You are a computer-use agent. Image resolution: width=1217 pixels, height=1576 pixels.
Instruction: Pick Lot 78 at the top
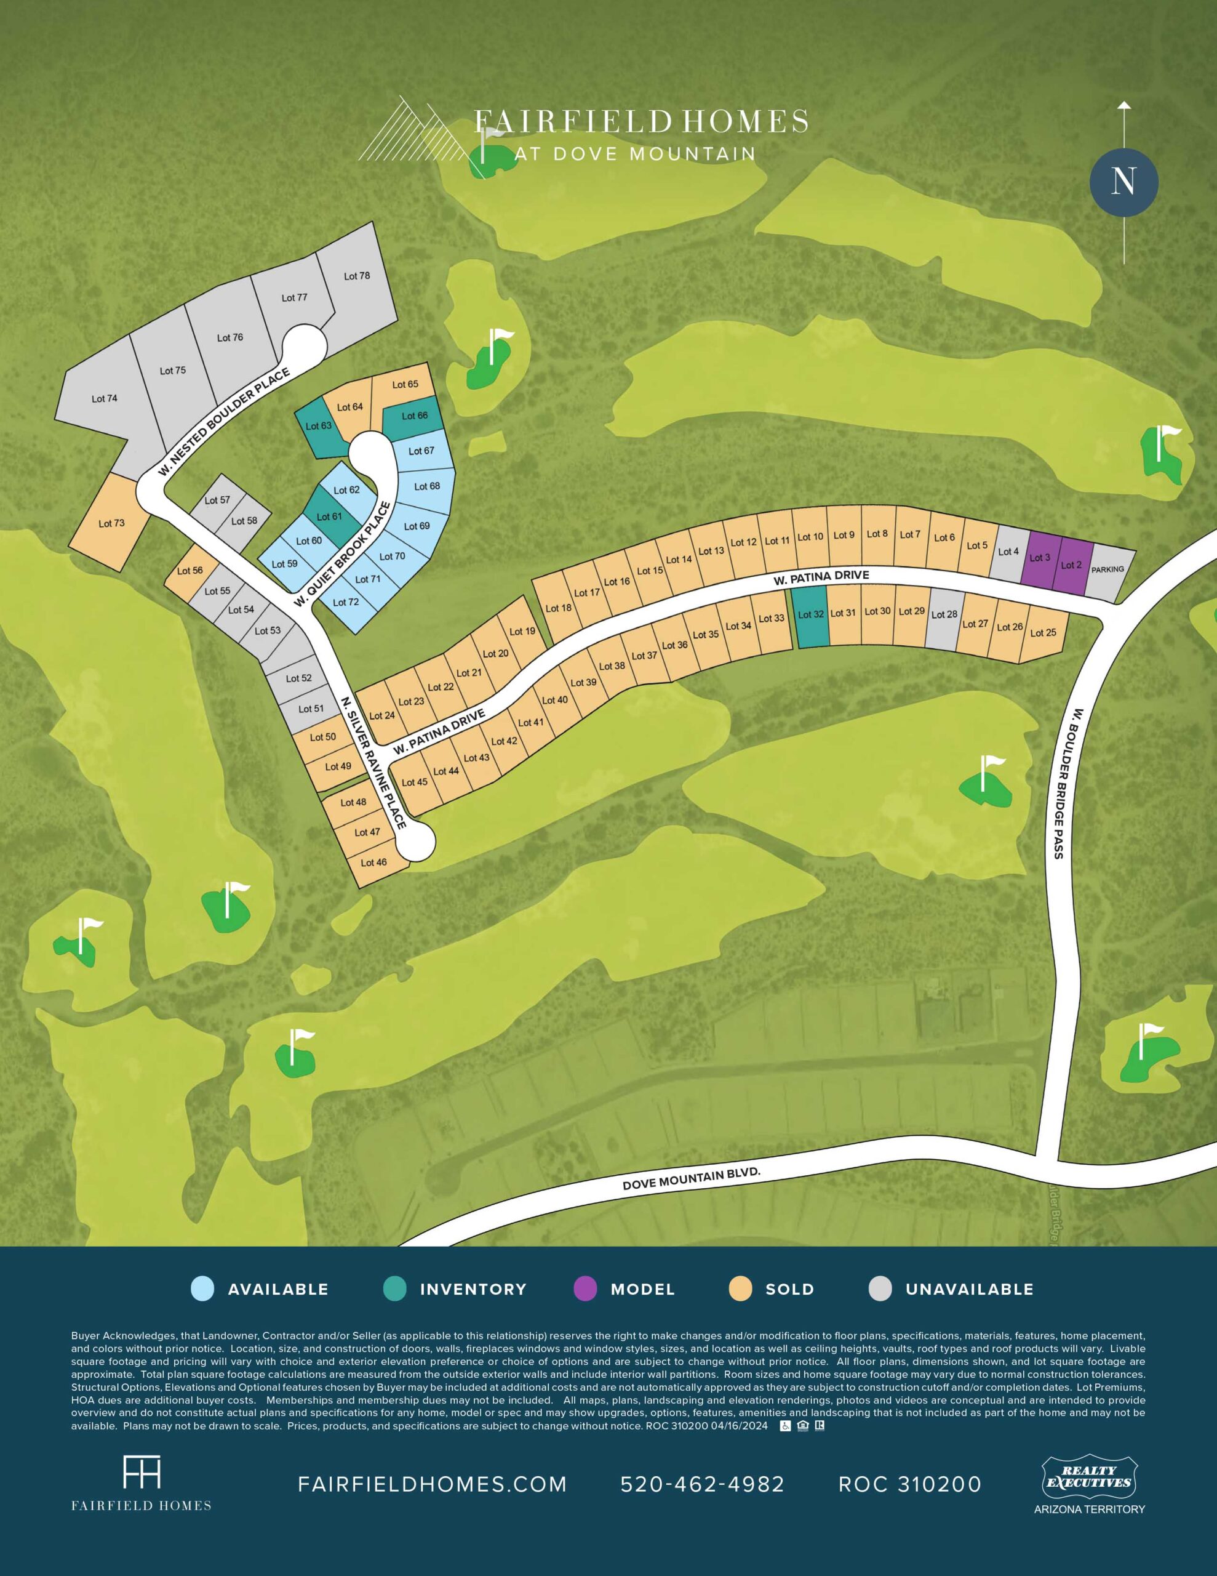point(357,277)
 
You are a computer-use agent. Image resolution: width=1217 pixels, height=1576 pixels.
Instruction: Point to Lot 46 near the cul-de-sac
point(373,862)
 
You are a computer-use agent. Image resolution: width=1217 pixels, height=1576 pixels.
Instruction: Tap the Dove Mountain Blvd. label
point(691,1179)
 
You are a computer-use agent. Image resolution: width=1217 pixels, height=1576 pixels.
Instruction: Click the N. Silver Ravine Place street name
point(375,762)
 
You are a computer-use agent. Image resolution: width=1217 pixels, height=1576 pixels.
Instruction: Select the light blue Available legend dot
point(202,1289)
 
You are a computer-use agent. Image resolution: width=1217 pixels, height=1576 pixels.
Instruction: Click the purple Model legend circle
point(585,1289)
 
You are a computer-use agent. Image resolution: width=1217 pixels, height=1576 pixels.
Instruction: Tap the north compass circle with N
point(1123,182)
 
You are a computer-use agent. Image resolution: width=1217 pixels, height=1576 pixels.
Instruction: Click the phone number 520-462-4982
point(702,1484)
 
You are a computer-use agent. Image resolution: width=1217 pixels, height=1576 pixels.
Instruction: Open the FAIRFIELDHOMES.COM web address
point(432,1484)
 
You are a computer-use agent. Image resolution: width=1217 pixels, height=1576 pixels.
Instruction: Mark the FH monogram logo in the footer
point(142,1472)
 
